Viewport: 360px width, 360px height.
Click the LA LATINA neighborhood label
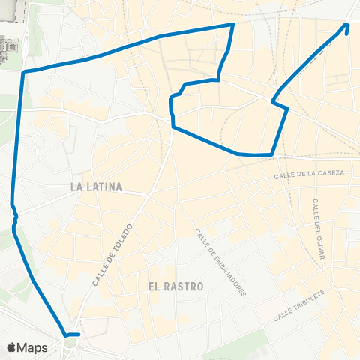95,186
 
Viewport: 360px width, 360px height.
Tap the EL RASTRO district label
177,286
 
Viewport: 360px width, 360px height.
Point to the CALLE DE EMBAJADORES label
220,262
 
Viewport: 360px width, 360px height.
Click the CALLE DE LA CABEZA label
309,173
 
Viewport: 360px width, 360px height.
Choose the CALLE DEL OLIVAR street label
318,229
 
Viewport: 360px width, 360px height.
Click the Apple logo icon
12,347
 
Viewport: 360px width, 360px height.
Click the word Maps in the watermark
33,347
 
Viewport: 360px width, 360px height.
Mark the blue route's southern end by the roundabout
78,334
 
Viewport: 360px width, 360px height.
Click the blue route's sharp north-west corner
25,72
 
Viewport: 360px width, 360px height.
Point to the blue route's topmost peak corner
233,24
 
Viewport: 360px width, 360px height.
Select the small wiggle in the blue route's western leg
13,214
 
